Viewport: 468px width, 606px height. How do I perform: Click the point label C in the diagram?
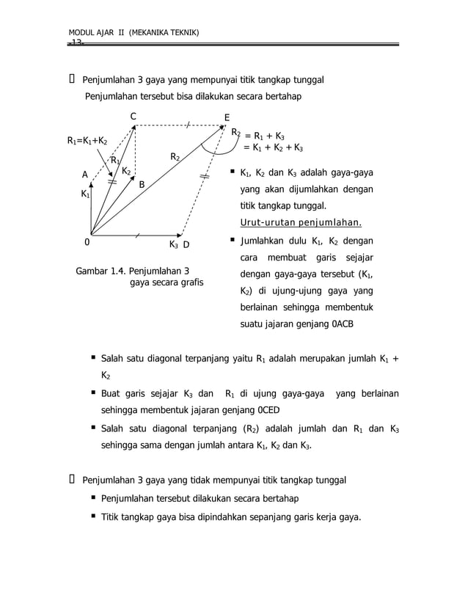(133, 117)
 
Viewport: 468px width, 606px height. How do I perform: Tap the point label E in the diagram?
(227, 118)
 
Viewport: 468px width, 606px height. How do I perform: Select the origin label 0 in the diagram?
(87, 244)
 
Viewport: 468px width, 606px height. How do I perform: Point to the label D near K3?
(186, 244)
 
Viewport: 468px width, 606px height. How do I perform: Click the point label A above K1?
(84, 175)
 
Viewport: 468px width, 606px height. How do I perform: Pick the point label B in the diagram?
(142, 185)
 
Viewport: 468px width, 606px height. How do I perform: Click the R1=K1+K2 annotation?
(87, 140)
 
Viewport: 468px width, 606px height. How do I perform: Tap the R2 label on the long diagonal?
(176, 157)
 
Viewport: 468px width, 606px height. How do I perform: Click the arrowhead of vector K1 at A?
(91, 186)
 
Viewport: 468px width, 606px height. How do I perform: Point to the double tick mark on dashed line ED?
(204, 177)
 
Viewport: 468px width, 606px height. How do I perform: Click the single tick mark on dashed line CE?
(188, 125)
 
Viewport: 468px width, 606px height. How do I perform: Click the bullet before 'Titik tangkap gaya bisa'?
(94, 516)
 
